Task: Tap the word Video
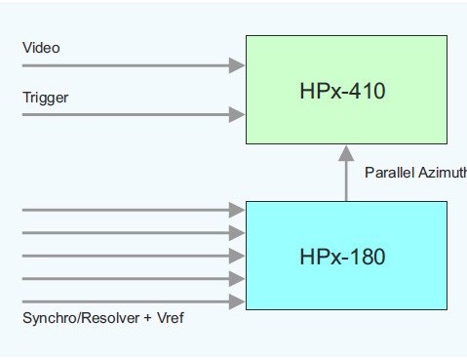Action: [x=41, y=48]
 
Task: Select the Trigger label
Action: [x=45, y=98]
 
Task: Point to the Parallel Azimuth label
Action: [x=414, y=173]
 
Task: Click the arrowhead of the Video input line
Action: [x=237, y=65]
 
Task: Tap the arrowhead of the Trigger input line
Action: [x=237, y=115]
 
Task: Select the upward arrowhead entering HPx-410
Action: [x=346, y=152]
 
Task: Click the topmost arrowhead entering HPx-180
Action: [x=237, y=210]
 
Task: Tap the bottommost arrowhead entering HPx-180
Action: [x=237, y=303]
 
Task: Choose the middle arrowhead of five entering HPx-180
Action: [x=237, y=257]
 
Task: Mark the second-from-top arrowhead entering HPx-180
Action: [x=237, y=233]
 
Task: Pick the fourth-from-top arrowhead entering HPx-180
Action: [x=237, y=280]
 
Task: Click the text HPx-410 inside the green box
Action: [x=342, y=93]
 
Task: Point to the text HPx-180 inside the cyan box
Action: [x=342, y=258]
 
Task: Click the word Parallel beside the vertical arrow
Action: [x=387, y=173]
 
